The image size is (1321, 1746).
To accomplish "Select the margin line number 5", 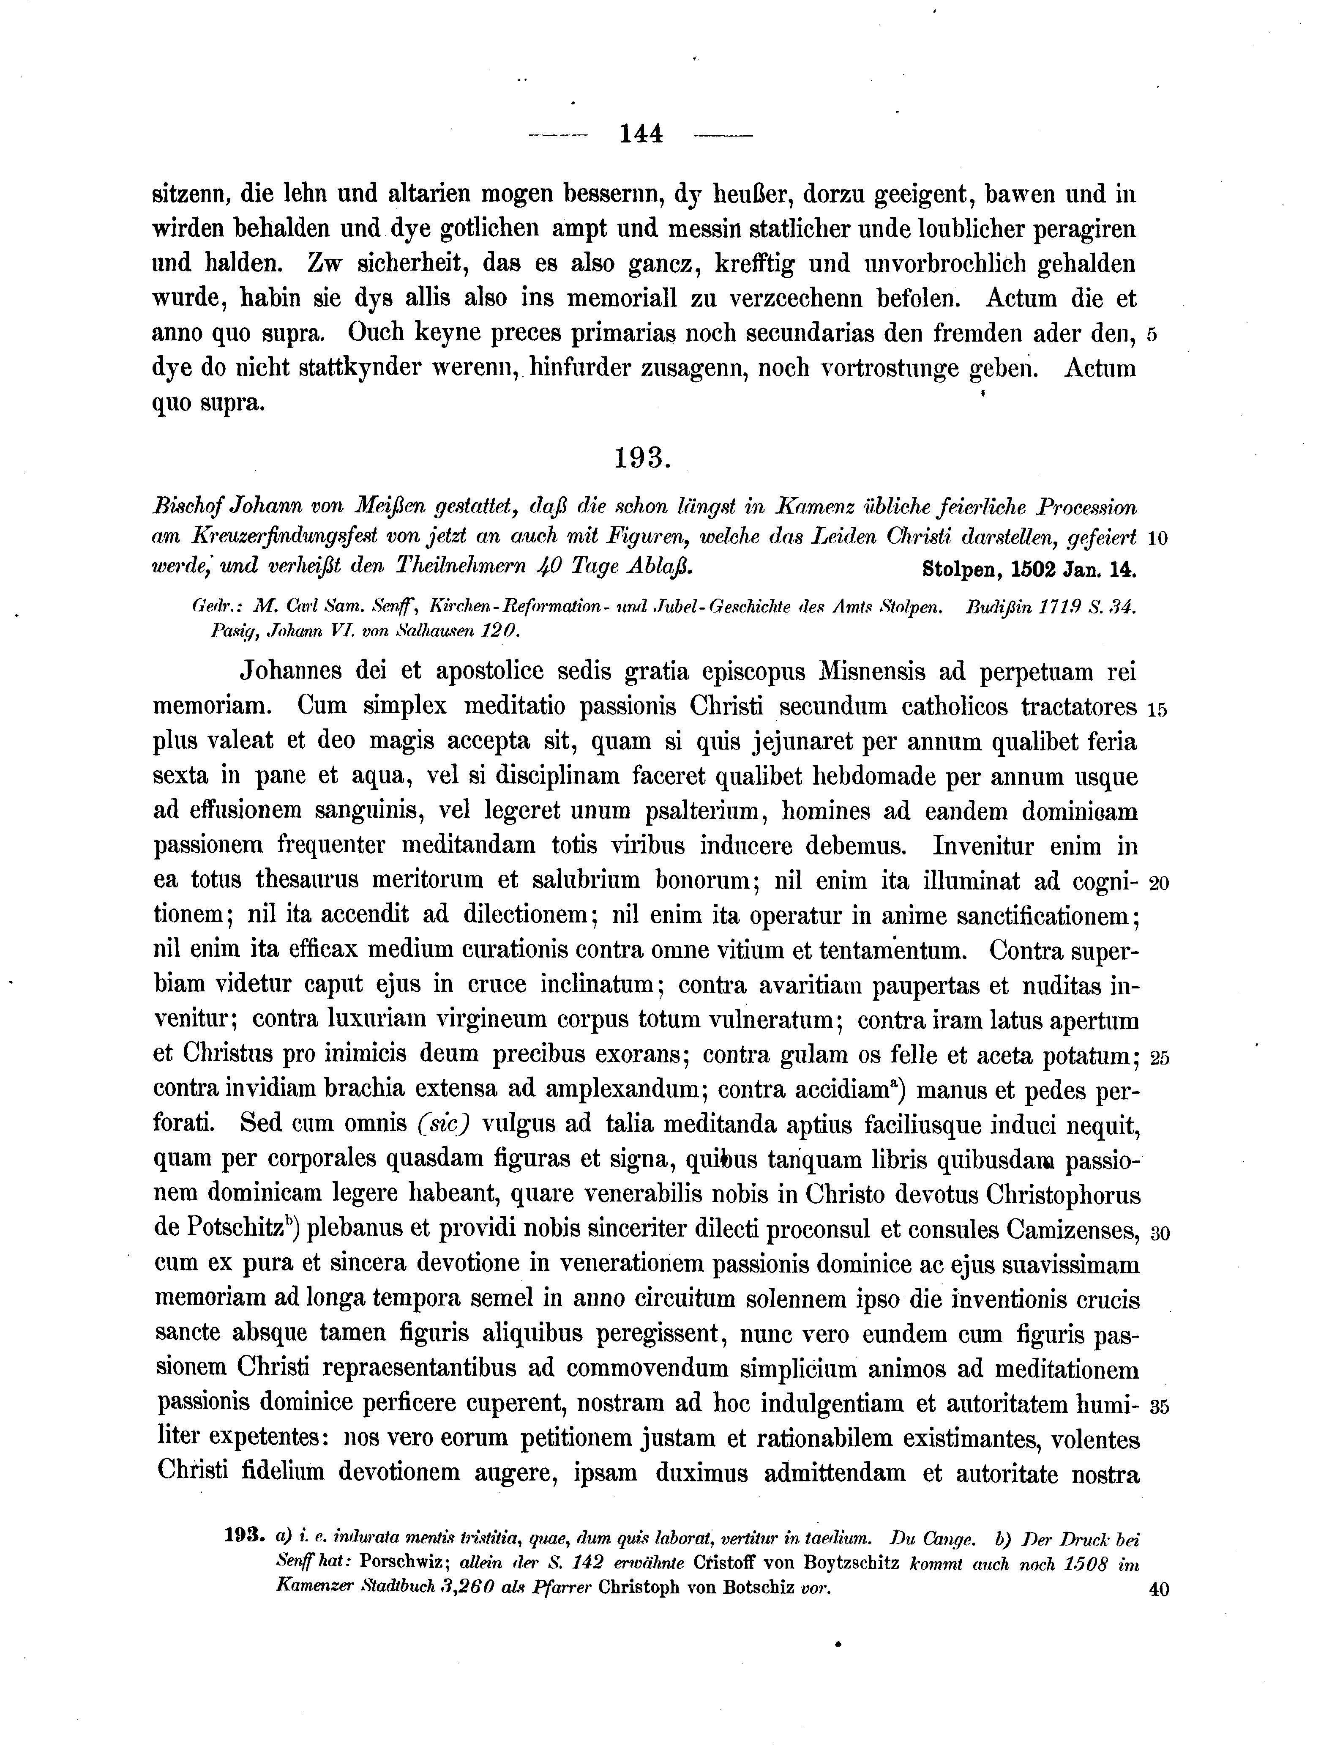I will (1152, 335).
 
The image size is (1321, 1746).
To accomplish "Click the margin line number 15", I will (1157, 709).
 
